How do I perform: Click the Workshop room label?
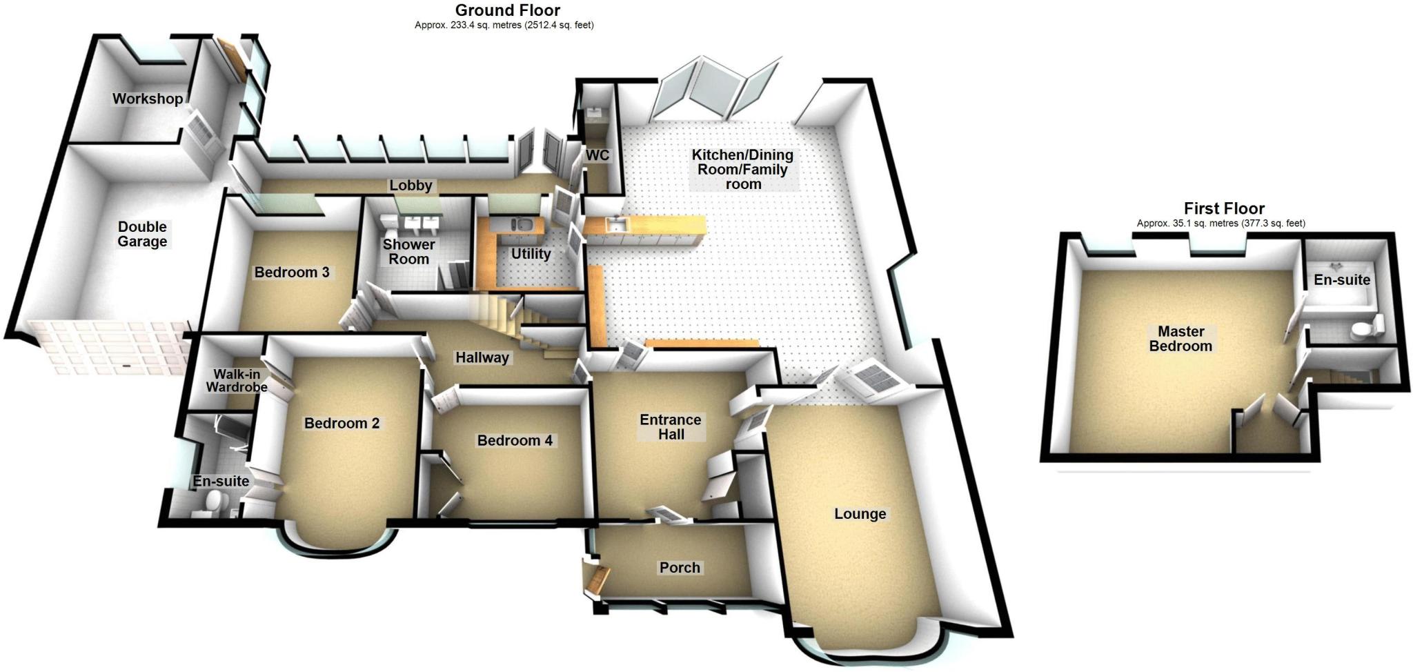click(148, 99)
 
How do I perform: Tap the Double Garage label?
click(142, 234)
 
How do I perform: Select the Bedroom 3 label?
click(291, 273)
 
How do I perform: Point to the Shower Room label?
click(409, 252)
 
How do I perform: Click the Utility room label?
click(531, 254)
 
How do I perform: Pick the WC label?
click(597, 155)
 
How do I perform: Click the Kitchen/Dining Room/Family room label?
click(742, 170)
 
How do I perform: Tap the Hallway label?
click(482, 357)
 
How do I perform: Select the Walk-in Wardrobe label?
click(237, 381)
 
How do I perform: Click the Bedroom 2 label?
click(342, 424)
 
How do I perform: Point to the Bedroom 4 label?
click(515, 441)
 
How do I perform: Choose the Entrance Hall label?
click(671, 427)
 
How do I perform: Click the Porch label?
click(680, 568)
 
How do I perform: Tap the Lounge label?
click(860, 514)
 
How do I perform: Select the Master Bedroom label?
click(1180, 339)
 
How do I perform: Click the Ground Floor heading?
click(508, 10)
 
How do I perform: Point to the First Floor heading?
click(1224, 208)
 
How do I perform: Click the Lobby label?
click(411, 186)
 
